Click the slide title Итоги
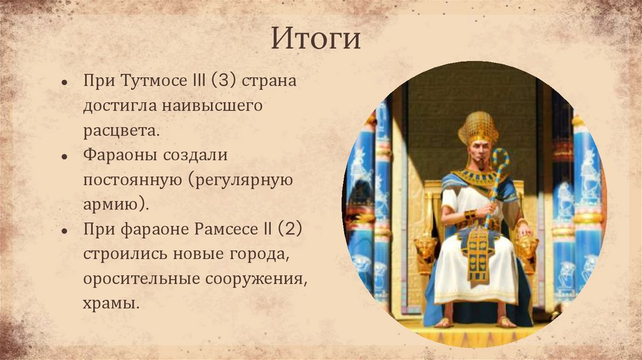click(x=316, y=39)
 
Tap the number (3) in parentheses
click(x=224, y=82)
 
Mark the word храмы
click(x=109, y=303)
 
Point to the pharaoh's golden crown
click(x=478, y=129)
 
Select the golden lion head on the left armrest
click(x=427, y=247)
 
